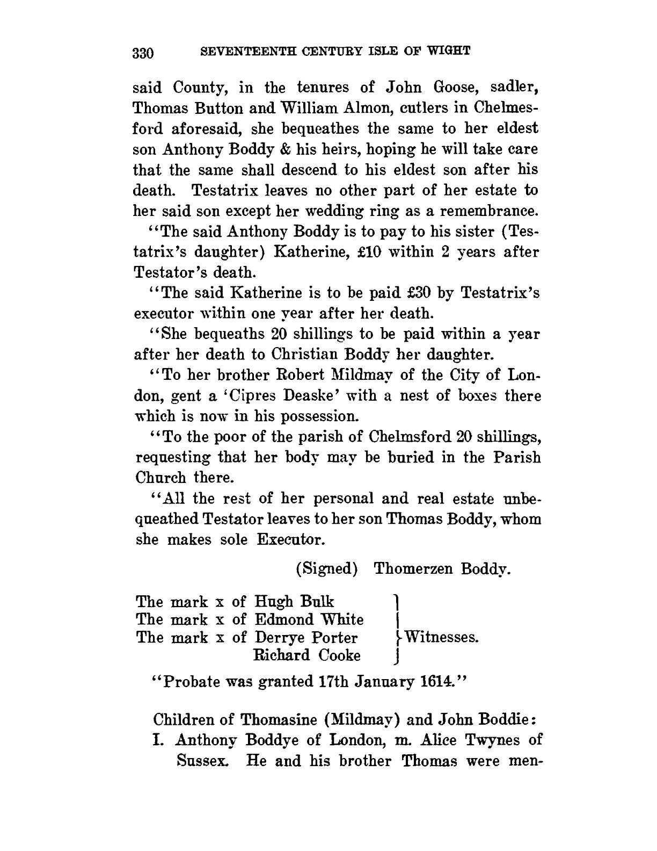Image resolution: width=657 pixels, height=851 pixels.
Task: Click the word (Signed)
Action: (326, 569)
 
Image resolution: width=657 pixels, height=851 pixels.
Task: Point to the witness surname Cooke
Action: (340, 655)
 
